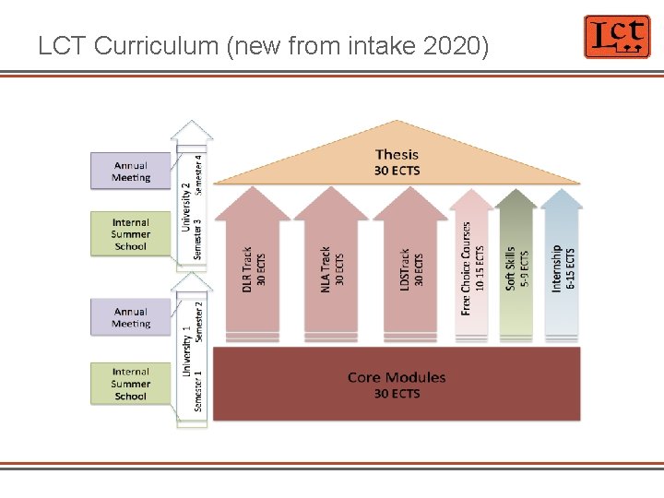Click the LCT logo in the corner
[616, 37]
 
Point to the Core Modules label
[397, 385]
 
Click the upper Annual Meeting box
[131, 172]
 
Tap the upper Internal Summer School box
[131, 234]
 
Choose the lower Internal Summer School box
[131, 384]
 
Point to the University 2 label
[186, 206]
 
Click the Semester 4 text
[199, 173]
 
